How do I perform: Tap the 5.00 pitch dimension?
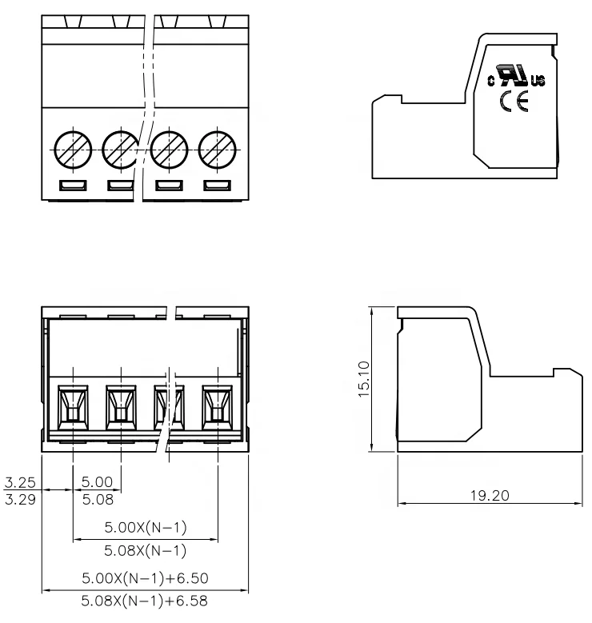[97, 483]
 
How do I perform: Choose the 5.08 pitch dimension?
[97, 499]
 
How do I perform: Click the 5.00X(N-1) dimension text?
[146, 529]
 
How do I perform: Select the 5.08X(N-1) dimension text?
[146, 551]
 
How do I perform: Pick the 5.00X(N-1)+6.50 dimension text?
[145, 578]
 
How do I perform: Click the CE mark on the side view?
[510, 102]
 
